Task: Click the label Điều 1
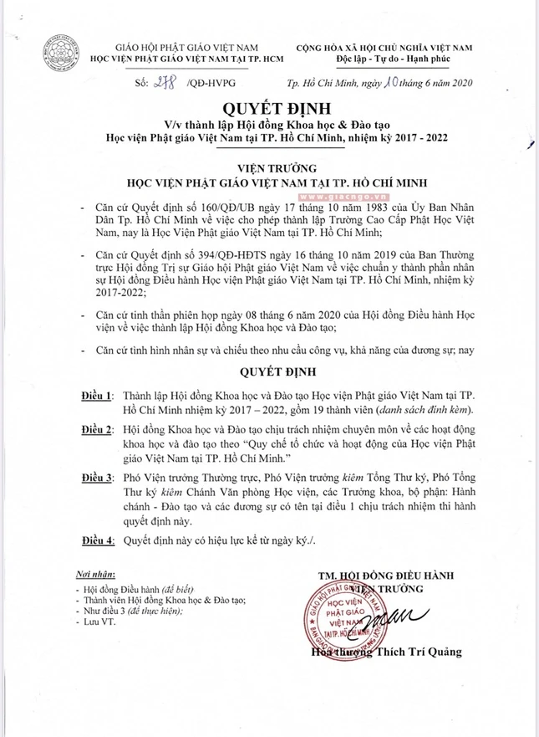[99, 392]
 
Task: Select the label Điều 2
[99, 428]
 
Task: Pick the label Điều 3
[99, 478]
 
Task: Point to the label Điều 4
[99, 541]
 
